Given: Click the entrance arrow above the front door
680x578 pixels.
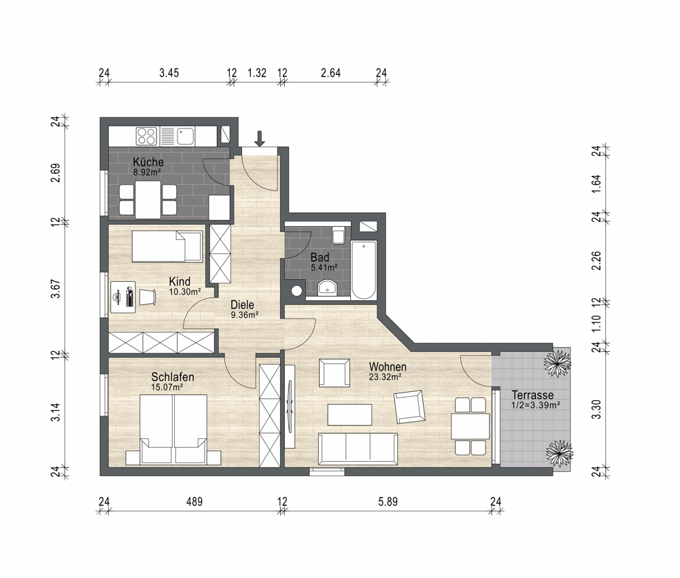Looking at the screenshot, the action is (259, 139).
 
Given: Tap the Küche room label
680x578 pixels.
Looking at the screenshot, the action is (148, 162).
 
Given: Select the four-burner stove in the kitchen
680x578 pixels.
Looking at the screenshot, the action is (146, 136).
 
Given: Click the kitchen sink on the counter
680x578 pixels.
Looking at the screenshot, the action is (185, 136).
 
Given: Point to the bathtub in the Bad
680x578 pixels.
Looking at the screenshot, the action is (363, 270).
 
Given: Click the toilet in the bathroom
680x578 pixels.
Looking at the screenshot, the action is (338, 235).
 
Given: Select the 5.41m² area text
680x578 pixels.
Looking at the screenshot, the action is (324, 268).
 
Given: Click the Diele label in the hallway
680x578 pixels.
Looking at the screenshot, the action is (242, 304).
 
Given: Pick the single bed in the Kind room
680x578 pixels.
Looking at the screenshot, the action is (167, 246).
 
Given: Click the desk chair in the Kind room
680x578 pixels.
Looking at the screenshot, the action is (147, 297).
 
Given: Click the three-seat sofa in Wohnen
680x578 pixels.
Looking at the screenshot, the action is (358, 448).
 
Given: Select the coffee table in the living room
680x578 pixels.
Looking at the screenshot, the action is (350, 414).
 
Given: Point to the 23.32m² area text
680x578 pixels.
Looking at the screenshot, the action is (385, 377).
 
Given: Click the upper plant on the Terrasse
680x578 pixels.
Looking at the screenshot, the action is (558, 363).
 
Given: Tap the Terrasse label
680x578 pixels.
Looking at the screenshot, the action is (532, 395).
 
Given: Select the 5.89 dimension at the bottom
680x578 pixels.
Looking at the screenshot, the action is (388, 502).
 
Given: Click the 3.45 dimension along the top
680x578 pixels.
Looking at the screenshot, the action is (169, 73).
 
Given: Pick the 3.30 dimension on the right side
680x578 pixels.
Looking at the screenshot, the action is (597, 409).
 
